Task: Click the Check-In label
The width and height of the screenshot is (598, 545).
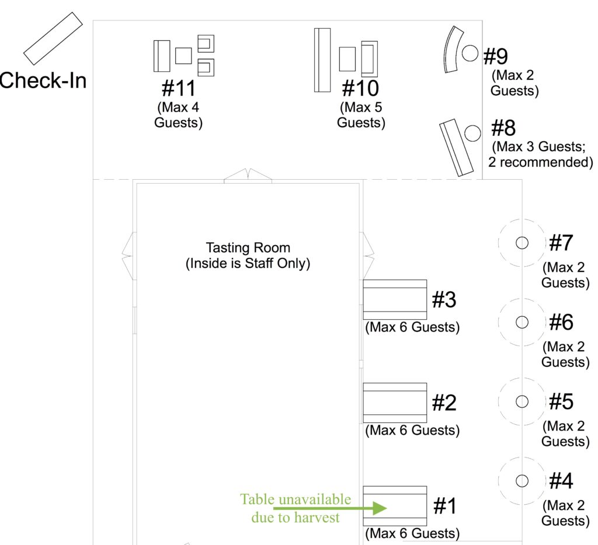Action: point(43,81)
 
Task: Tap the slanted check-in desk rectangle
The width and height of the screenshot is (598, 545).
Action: point(53,39)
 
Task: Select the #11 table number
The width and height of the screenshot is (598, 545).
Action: point(179,88)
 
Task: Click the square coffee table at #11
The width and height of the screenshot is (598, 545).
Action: point(183,55)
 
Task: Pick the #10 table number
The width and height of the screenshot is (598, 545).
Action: point(360,88)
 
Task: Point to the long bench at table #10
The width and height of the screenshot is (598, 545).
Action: point(322,60)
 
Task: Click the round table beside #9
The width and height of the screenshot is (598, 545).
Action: point(470,53)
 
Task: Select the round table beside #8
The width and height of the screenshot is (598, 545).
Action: point(473,134)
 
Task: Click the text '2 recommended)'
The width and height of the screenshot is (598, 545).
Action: point(540,162)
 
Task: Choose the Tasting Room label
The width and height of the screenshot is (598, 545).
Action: point(248,256)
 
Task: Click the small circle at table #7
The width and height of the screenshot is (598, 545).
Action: point(521,243)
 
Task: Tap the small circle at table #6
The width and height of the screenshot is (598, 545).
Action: point(521,322)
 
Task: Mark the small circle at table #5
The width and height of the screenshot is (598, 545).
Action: point(521,401)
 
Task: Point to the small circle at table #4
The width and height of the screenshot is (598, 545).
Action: point(521,481)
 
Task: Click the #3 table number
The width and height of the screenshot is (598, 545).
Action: point(444,299)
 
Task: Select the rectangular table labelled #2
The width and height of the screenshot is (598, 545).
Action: point(395,403)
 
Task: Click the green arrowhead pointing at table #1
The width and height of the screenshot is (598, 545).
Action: point(380,508)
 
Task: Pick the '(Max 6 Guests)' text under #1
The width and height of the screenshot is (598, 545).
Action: point(412,533)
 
